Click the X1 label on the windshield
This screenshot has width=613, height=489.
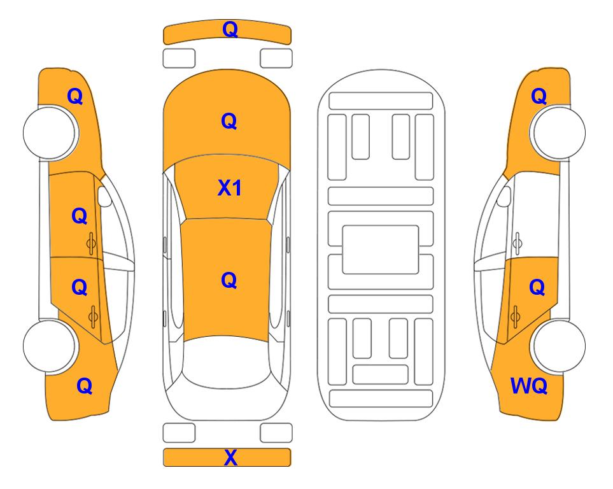[230, 188]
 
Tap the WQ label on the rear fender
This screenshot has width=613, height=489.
[529, 386]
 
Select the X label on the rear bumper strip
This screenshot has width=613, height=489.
[230, 457]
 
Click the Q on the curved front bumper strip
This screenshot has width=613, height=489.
[230, 29]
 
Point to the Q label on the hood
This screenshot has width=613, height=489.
[229, 121]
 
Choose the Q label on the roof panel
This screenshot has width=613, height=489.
[229, 280]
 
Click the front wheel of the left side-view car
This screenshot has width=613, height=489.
[50, 132]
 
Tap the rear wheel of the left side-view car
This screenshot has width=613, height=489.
[50, 346]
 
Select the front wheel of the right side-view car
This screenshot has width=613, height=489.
[558, 132]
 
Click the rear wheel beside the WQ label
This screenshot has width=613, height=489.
[558, 346]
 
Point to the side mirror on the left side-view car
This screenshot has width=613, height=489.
[104, 196]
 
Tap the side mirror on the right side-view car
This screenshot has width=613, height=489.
[504, 196]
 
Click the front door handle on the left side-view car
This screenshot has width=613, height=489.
[92, 243]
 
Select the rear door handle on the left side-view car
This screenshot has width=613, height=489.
[94, 316]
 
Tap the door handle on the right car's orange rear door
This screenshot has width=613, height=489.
[515, 316]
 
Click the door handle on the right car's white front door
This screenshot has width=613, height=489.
[518, 243]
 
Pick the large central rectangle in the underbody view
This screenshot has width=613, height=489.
[381, 250]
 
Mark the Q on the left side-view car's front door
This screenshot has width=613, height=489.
[80, 216]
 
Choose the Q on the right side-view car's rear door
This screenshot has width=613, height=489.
[537, 287]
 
